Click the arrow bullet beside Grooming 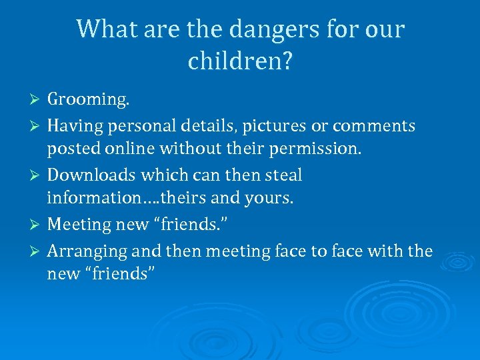[37, 100]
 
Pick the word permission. [315, 148]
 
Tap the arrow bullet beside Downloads [37, 175]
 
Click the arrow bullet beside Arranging [37, 251]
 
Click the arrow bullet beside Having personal [37, 126]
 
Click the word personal [139, 126]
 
